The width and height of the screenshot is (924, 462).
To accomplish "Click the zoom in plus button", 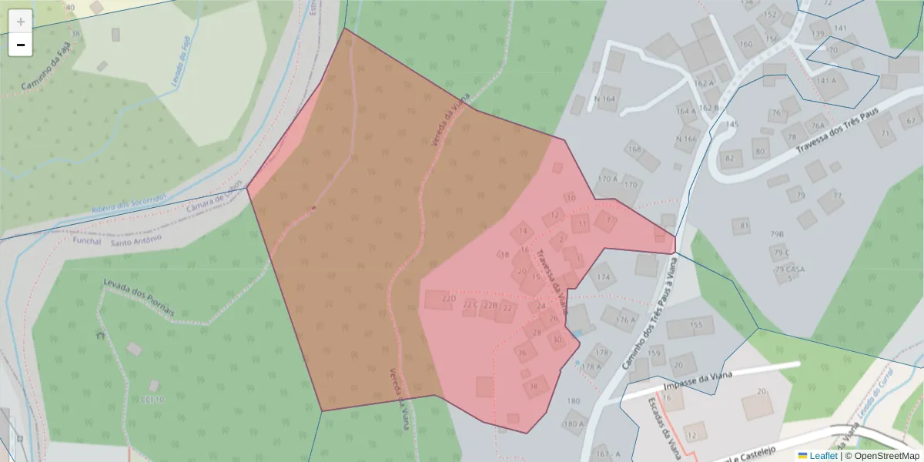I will tap(21, 22).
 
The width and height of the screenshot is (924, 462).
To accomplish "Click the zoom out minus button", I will tap(21, 45).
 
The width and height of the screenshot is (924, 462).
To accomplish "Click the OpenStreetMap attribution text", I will tap(886, 456).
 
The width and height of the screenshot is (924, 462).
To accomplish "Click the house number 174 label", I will tap(604, 277).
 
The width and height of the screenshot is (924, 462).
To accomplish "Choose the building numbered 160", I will tap(747, 42).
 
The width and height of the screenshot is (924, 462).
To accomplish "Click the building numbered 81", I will tap(744, 226).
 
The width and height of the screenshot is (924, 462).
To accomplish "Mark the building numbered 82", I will tap(729, 159).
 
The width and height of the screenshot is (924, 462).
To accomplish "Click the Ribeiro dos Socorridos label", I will tap(129, 203).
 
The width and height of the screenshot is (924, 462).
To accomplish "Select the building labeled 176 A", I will tap(626, 318).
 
